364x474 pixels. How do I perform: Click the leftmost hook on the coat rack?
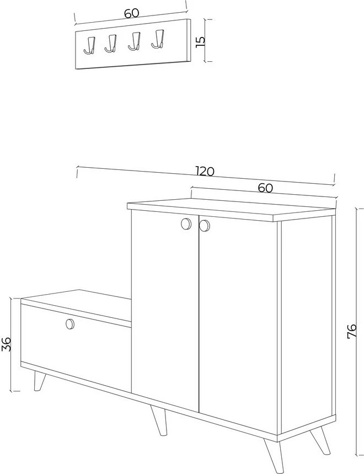(90, 46)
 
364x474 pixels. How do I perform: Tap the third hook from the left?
(135, 41)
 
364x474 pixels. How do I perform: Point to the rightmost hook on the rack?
(158, 39)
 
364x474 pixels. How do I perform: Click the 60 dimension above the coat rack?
(132, 13)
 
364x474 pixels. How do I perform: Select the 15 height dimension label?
(200, 41)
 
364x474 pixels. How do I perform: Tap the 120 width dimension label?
(205, 172)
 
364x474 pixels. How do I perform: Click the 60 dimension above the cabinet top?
(265, 188)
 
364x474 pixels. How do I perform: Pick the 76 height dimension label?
(352, 331)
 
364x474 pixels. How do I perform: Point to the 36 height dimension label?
(7, 344)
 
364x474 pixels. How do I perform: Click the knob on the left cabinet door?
(186, 224)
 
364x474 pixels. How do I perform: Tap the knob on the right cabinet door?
(205, 226)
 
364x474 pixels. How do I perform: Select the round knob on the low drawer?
(70, 324)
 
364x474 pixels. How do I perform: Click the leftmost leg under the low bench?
(39, 381)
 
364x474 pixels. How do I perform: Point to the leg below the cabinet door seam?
(159, 420)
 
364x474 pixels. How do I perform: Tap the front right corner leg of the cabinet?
(274, 456)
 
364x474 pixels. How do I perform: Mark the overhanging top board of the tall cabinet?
(232, 210)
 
